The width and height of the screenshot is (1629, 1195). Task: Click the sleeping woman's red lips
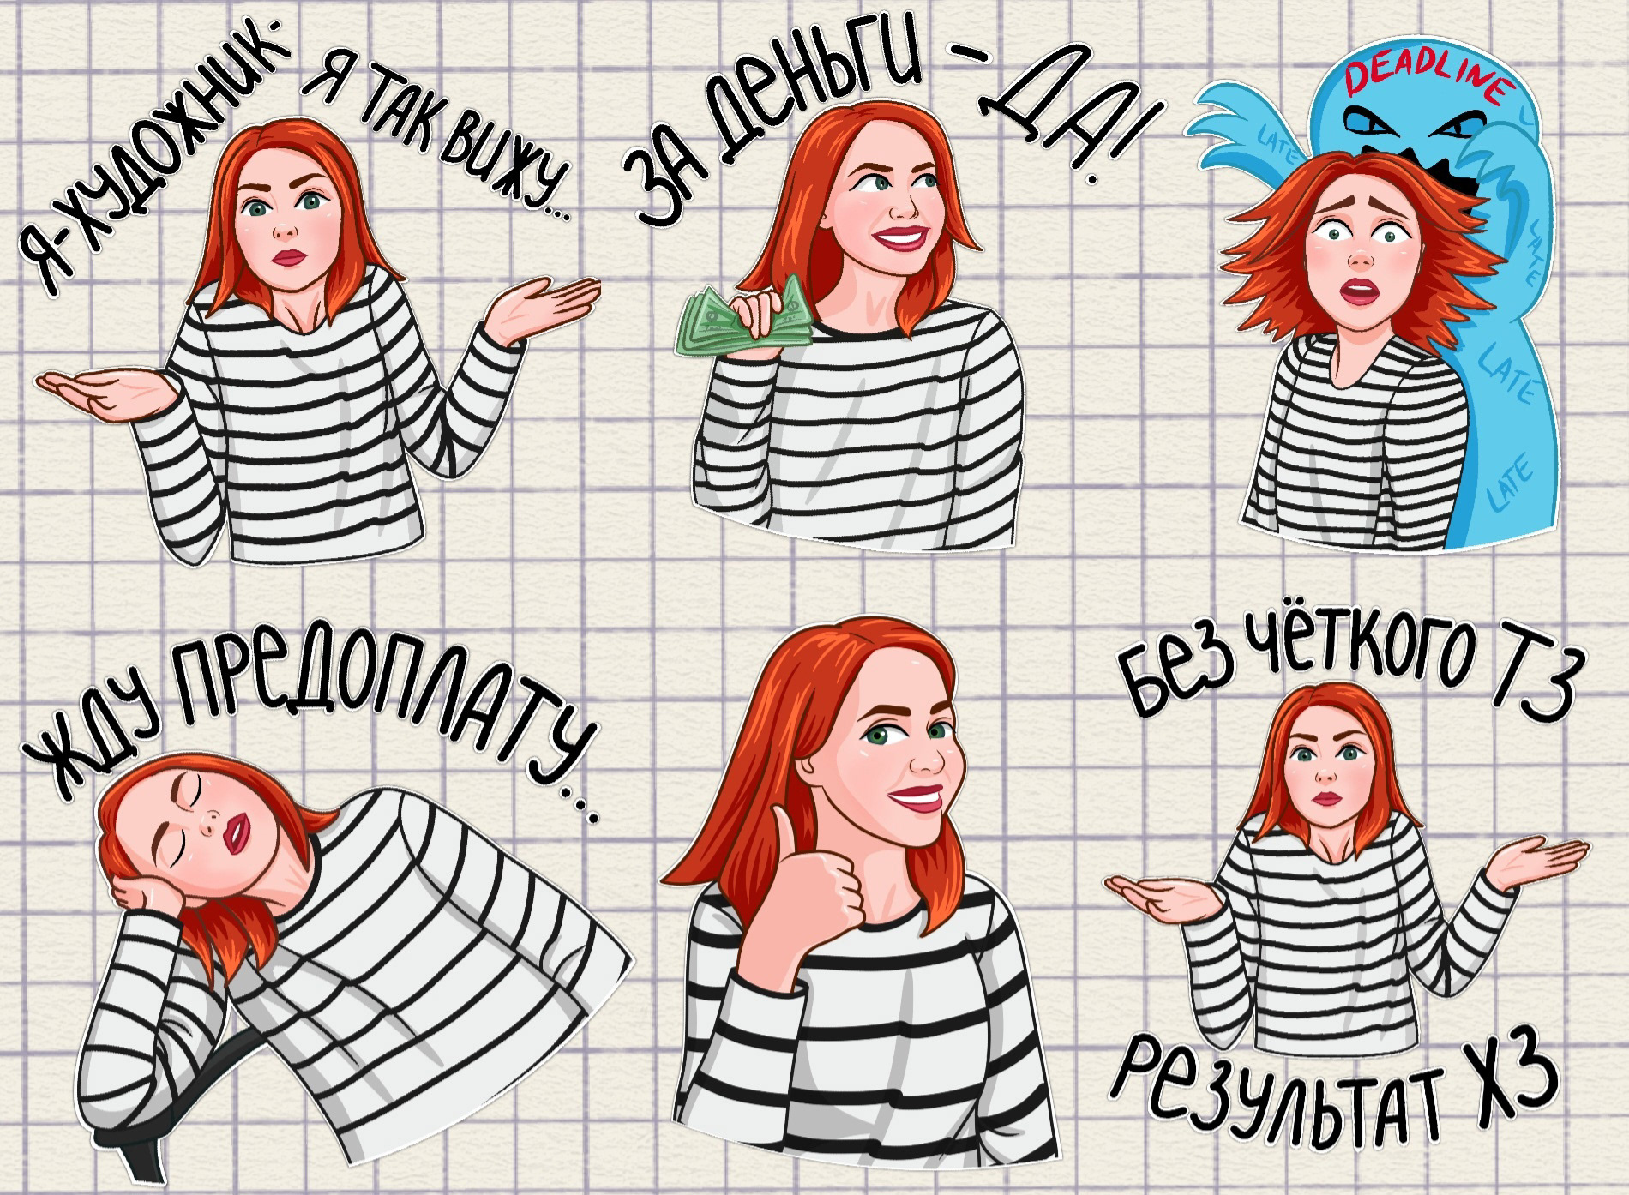[236, 830]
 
